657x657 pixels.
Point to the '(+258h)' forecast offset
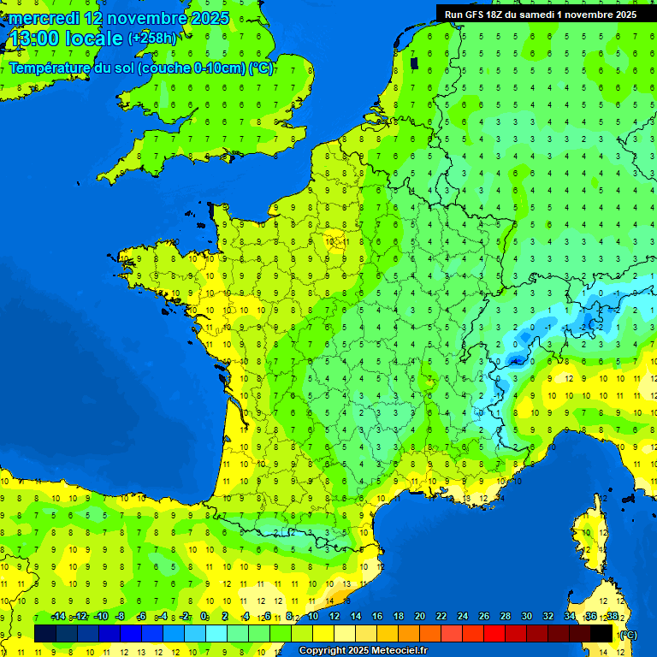click(x=152, y=38)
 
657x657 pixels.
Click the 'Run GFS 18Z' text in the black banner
click(x=476, y=15)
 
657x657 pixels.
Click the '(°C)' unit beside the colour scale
click(x=628, y=634)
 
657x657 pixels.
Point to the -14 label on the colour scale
click(x=58, y=617)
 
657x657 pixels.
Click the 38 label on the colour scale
click(x=613, y=617)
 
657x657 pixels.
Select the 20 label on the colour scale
click(x=420, y=617)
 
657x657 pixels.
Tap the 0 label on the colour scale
click(x=204, y=617)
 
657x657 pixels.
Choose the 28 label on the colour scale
click(x=506, y=617)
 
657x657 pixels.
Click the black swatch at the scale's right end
click(x=602, y=633)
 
